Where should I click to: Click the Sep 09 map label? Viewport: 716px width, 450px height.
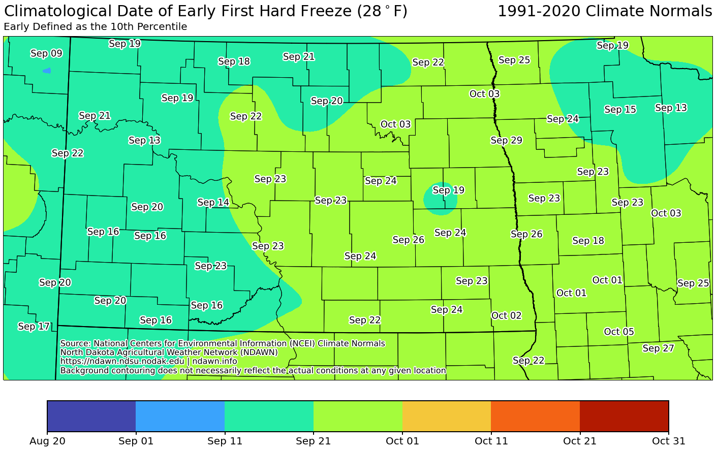[46, 53]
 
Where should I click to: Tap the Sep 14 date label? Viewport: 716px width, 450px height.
[213, 202]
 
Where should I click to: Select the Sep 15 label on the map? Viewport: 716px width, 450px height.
[620, 109]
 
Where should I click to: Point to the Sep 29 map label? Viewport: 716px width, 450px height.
[506, 140]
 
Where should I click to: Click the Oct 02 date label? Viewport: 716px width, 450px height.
[506, 315]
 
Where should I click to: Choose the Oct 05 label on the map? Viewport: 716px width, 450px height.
[619, 332]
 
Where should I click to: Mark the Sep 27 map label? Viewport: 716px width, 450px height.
[658, 348]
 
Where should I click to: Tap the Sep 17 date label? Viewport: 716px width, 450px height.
[34, 326]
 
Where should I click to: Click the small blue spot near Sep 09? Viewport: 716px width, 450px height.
[47, 71]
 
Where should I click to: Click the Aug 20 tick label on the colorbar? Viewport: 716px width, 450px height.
[47, 441]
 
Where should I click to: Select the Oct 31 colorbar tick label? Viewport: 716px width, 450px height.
[668, 441]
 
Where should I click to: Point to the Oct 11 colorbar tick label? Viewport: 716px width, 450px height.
[491, 441]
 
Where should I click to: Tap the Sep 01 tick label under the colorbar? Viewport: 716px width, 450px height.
[136, 441]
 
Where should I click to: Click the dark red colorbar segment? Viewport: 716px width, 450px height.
[624, 416]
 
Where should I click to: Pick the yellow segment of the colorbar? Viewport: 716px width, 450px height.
[446, 416]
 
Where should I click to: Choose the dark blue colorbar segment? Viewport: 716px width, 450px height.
[91, 416]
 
